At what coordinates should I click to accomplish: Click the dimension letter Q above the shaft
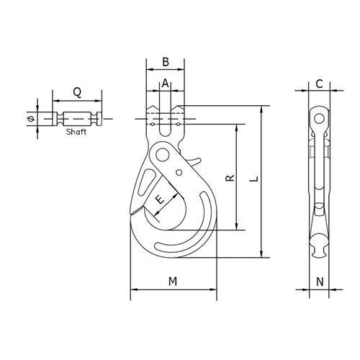76,91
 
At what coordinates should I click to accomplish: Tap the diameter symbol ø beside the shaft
30,118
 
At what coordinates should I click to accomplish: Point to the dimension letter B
165,62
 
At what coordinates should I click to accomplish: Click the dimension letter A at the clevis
165,84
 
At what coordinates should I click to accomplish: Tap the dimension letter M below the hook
173,282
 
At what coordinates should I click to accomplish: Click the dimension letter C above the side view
318,84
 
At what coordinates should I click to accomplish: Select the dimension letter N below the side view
318,282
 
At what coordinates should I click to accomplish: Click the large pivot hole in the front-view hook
163,155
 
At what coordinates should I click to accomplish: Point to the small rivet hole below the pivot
179,173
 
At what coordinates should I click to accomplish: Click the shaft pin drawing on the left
76,118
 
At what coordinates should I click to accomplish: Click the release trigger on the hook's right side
194,157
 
